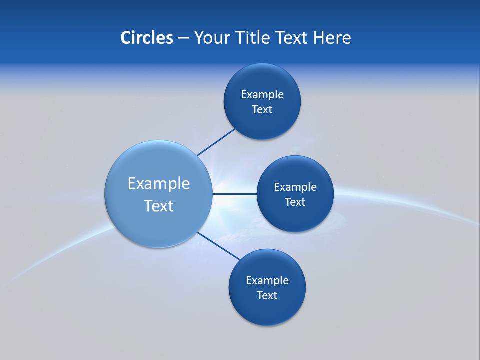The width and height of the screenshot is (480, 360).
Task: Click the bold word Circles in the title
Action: tap(146, 38)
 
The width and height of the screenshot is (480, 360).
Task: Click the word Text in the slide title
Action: tap(292, 38)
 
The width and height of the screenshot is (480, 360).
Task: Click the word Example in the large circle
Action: tap(158, 184)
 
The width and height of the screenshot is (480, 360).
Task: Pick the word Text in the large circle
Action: tap(158, 206)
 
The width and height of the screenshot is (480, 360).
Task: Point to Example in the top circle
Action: tap(262, 95)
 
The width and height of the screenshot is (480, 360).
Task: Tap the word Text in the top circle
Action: tap(262, 110)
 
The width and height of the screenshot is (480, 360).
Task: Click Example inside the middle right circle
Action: tap(295, 187)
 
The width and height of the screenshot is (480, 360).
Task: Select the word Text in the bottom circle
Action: tap(267, 296)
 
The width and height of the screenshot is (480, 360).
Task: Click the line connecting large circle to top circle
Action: tap(216, 142)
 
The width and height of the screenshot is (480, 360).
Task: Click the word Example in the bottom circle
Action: tap(267, 281)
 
